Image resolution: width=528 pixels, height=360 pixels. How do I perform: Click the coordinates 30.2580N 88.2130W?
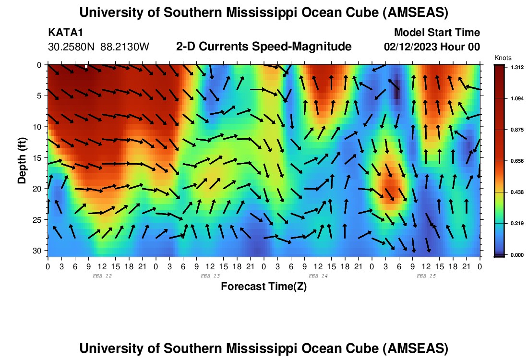(x=99, y=47)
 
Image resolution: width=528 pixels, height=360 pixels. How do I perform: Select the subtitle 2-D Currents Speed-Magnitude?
(x=264, y=47)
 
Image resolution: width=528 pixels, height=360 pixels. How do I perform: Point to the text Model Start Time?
(x=437, y=33)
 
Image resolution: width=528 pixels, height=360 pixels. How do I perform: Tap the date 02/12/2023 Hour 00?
(x=432, y=47)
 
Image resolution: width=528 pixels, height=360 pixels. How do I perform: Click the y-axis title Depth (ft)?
(x=22, y=158)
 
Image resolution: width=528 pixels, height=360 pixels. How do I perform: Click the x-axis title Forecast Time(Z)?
(x=264, y=287)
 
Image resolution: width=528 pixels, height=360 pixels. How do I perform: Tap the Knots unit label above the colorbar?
(x=503, y=58)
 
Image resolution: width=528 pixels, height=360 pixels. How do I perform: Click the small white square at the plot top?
(x=86, y=66)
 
